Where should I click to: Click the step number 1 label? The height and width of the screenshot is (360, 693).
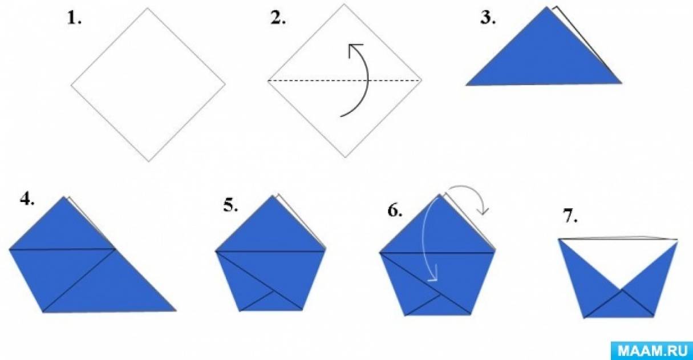(75, 19)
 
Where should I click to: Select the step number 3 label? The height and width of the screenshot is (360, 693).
(488, 19)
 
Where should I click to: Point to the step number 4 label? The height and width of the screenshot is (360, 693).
(27, 199)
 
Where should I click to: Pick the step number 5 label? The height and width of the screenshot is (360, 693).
(230, 206)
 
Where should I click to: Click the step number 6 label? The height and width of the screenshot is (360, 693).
(395, 211)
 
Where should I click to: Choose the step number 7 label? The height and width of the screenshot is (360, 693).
(570, 216)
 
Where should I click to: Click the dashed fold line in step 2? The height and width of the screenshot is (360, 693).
(345, 80)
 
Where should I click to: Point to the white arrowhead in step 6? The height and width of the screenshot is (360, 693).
(433, 274)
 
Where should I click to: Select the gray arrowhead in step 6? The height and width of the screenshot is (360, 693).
(483, 211)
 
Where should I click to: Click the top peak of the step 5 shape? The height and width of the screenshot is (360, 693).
(273, 196)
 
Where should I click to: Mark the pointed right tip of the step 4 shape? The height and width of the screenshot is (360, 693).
(176, 310)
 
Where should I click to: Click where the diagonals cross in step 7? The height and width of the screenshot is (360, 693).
(621, 290)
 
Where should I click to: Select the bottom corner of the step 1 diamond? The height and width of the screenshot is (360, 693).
(148, 161)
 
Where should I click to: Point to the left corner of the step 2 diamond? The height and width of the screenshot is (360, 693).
(268, 81)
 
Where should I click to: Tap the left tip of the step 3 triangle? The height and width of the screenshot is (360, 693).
(467, 85)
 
